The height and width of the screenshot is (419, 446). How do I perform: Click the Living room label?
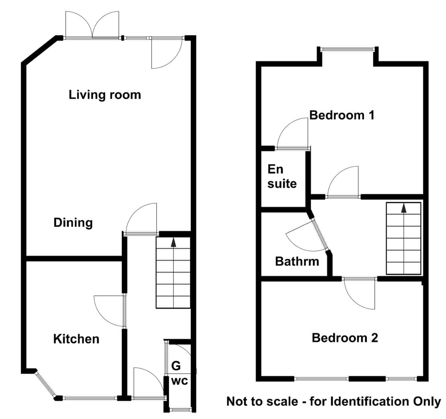click(105, 95)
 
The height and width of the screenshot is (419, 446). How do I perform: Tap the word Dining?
click(73, 223)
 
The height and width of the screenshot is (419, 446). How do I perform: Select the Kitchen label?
click(76, 339)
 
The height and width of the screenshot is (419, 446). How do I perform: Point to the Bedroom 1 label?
click(342, 115)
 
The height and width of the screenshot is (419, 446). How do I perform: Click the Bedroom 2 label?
click(345, 338)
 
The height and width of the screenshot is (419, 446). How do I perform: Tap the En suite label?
click(282, 177)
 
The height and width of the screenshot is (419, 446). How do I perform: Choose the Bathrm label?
click(297, 261)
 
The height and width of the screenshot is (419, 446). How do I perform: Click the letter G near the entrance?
click(176, 366)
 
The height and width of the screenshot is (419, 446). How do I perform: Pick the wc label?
click(179, 381)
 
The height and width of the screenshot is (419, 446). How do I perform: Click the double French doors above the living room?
click(92, 25)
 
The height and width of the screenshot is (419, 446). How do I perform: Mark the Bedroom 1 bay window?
click(348, 49)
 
